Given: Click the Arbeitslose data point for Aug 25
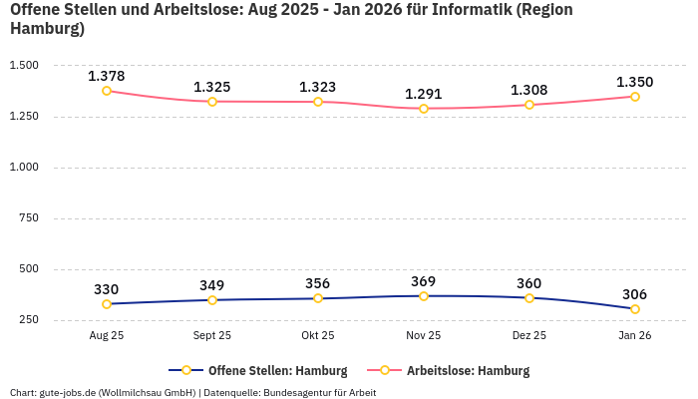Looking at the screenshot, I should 107,91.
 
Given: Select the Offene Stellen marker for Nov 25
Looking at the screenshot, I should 424,296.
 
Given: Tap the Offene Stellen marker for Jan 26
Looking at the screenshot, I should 635,309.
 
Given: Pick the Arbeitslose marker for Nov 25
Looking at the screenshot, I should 424,109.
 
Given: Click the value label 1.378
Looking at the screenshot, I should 107,76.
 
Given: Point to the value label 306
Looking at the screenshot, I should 635,294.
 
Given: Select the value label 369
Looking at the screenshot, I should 424,281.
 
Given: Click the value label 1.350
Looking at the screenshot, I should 635,82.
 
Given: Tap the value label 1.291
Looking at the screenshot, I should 424,94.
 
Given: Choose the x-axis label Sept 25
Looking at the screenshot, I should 212,336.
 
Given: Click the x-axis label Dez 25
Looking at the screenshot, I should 529,336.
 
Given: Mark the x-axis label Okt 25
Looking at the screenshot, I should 318,336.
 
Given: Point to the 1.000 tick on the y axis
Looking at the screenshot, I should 23,168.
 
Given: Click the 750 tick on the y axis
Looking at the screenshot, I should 27,218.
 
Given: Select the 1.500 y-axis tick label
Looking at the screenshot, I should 23,66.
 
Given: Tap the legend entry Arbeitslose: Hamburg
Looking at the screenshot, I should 468,371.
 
